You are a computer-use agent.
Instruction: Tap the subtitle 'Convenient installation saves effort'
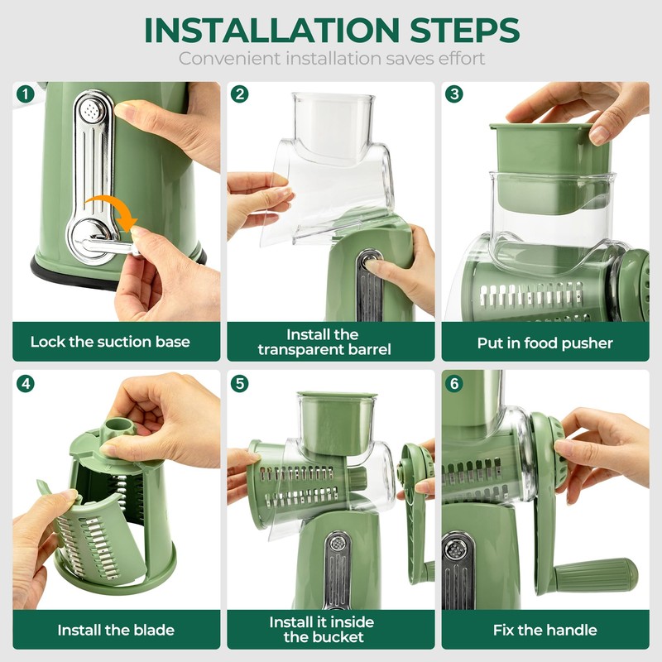coord(331,59)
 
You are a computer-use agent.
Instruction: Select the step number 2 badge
coord(240,94)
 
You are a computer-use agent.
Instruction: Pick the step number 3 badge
coord(453,94)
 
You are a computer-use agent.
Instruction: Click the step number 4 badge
coord(26,383)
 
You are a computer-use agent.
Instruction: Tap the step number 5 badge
coord(240,383)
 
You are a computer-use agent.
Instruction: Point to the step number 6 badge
coord(453,383)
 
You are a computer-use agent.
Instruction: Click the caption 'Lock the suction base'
coord(110,342)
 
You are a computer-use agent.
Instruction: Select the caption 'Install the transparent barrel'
coord(324,342)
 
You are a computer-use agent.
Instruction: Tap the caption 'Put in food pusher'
coord(544,343)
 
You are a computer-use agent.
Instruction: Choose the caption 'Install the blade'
coord(116,630)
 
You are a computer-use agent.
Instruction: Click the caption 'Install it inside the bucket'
coord(322,629)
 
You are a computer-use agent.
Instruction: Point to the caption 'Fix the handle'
coord(544,630)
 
